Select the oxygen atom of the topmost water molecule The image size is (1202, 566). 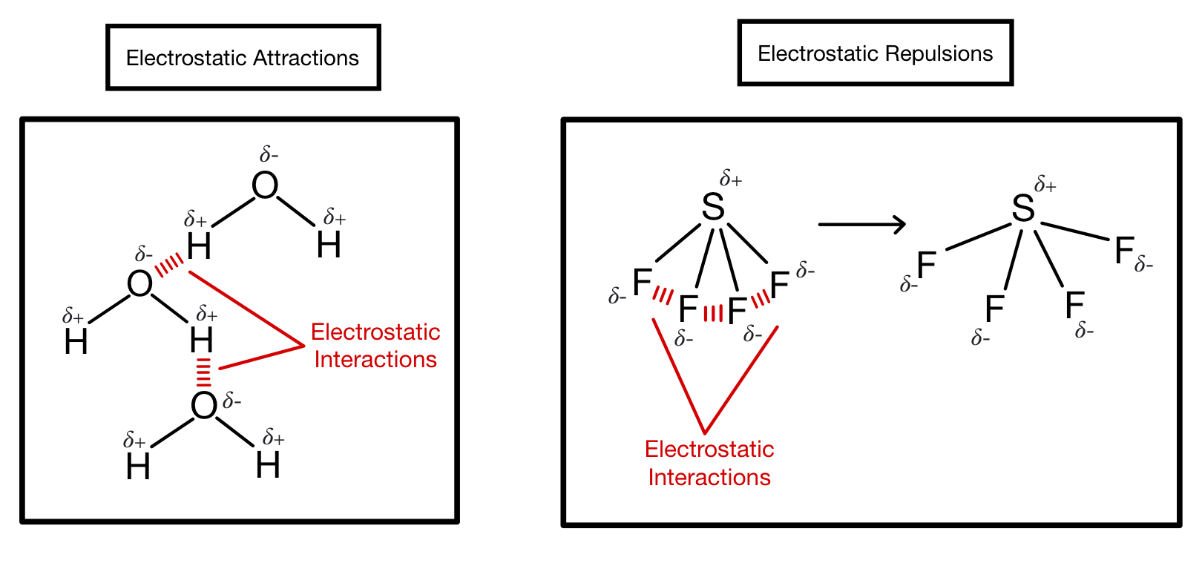tap(265, 185)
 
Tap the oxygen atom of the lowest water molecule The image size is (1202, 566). tap(204, 406)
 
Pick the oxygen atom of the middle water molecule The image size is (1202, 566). tap(139, 283)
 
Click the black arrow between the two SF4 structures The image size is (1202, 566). tap(861, 224)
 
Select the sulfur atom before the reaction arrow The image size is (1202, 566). tap(713, 207)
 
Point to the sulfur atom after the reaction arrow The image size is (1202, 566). tap(1023, 209)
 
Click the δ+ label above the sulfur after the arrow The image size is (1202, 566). tap(1045, 185)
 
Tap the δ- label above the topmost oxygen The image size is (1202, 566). tap(269, 155)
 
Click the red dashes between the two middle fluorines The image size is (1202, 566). tap(712, 313)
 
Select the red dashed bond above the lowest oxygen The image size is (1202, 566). tap(203, 373)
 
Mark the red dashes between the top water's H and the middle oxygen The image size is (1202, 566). tap(170, 264)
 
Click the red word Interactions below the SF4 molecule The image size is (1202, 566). tap(709, 477)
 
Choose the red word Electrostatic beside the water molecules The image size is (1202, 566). tap(375, 332)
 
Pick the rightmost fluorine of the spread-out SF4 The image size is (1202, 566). tap(1124, 251)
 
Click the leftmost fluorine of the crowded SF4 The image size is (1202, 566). tap(642, 282)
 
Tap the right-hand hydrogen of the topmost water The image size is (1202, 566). tap(329, 245)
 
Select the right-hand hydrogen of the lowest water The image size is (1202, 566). tap(268, 466)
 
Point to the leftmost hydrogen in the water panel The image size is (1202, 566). tap(76, 342)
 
